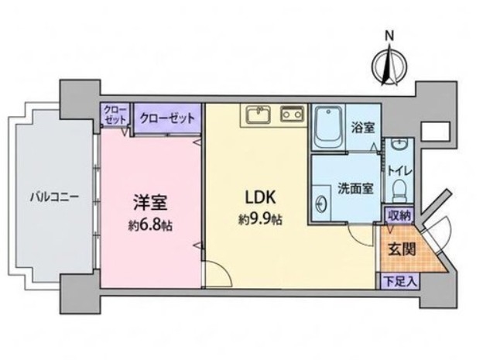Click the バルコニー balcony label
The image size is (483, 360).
pos(54,197)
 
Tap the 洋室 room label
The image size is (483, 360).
pos(150,202)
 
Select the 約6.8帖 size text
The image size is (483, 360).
pos(150,226)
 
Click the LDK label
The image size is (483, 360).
pos(260,197)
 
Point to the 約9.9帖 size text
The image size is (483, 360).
pos(260,220)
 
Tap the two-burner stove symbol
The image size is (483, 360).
pos(292,114)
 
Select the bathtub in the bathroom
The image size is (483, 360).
pos(328,128)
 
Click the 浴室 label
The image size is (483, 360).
pos(363,127)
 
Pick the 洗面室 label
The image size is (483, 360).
pos(356,188)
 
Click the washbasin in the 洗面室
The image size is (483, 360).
pos(321,204)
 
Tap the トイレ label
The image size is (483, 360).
pos(399,171)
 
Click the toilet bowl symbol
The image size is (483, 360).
pos(400,191)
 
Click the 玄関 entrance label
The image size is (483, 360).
pos(402,249)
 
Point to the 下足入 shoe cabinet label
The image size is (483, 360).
pos(399,281)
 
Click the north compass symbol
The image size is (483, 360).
pos(389,66)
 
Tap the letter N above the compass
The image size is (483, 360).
pos(390,36)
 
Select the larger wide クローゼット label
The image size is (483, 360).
pos(167,118)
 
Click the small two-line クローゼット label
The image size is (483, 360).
pos(115,115)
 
